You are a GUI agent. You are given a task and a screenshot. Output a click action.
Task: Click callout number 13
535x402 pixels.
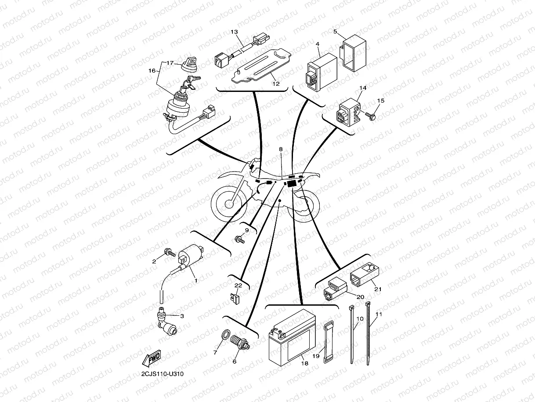(234, 32)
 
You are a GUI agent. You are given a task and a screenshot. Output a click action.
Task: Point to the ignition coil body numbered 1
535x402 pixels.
(192, 256)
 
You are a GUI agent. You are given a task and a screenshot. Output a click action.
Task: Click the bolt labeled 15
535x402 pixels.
(369, 115)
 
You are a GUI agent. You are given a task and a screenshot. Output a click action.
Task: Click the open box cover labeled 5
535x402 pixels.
(355, 52)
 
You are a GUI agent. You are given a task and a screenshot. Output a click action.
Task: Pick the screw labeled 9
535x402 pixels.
(240, 239)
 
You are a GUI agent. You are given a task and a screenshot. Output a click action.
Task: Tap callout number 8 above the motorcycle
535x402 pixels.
(281, 149)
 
